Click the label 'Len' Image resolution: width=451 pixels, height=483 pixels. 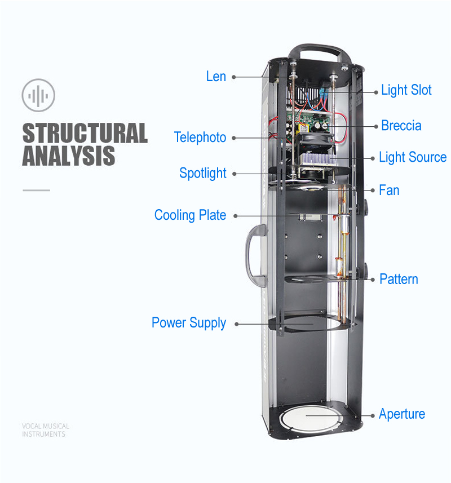click(x=216, y=77)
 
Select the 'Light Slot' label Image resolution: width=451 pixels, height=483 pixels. click(x=406, y=90)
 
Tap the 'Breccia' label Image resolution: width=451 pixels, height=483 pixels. click(x=401, y=125)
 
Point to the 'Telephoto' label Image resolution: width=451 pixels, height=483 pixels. click(x=200, y=138)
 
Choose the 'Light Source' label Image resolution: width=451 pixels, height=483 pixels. click(x=412, y=157)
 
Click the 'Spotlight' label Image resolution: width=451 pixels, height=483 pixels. click(x=202, y=173)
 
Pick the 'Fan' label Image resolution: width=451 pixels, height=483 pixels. click(x=389, y=190)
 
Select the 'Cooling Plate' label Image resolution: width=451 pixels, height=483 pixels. click(x=190, y=215)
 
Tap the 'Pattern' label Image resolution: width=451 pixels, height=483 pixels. click(x=399, y=279)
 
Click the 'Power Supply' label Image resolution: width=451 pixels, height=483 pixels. click(x=188, y=323)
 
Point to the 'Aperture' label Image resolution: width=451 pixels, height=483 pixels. click(x=401, y=414)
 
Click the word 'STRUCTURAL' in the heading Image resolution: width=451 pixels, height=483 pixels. click(x=85, y=133)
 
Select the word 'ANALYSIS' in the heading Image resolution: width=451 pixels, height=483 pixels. click(x=68, y=156)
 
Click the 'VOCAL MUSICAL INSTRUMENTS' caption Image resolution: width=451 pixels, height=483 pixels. click(x=45, y=430)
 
